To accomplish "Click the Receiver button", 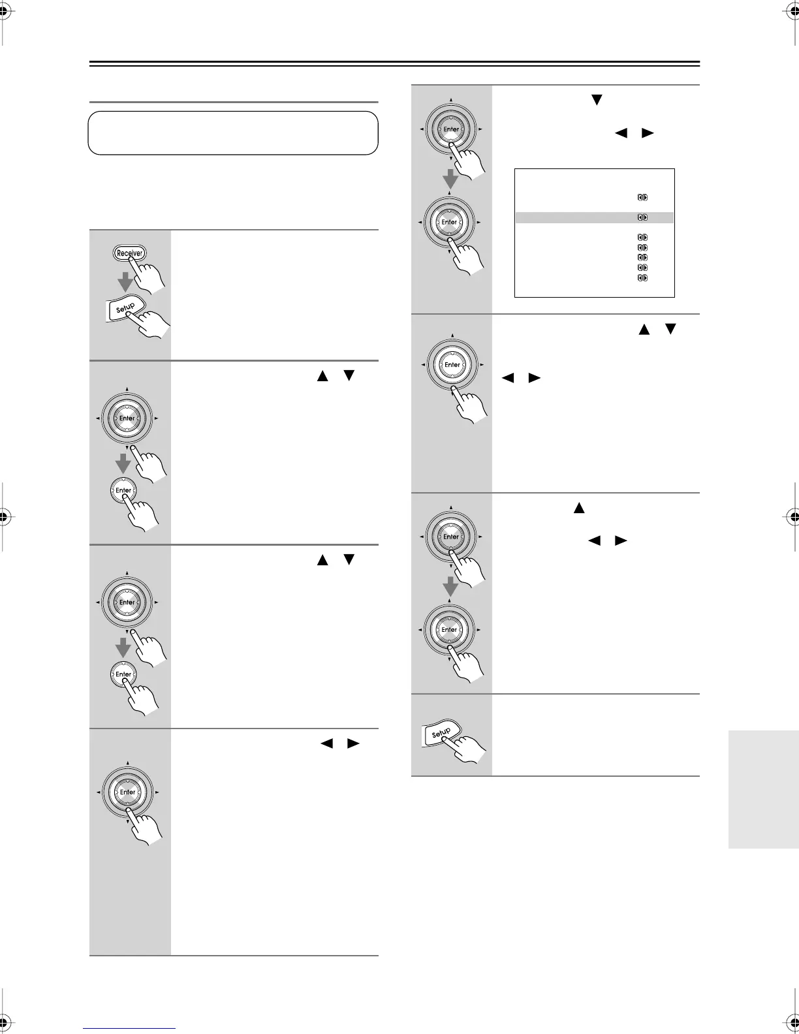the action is tap(129, 253).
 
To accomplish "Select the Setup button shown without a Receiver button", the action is tap(442, 733).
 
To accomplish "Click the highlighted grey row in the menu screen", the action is tap(594, 217).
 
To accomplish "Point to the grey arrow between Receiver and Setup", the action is tap(125, 282).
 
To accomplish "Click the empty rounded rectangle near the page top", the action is tap(233, 133).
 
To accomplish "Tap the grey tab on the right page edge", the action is tap(763, 789).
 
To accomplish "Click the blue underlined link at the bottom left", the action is tap(129, 1028).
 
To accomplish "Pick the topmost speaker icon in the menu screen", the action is tap(642, 197).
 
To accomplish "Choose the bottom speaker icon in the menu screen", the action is tap(642, 278).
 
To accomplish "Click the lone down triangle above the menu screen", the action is tap(595, 100).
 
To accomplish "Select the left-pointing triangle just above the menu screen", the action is tap(621, 133).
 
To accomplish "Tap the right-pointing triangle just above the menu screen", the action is tap(648, 133).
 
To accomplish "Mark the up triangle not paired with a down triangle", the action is tap(578, 507).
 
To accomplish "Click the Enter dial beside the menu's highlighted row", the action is tap(449, 222).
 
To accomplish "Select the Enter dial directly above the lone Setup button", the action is tap(449, 630).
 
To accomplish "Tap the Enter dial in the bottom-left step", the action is tap(127, 792).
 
